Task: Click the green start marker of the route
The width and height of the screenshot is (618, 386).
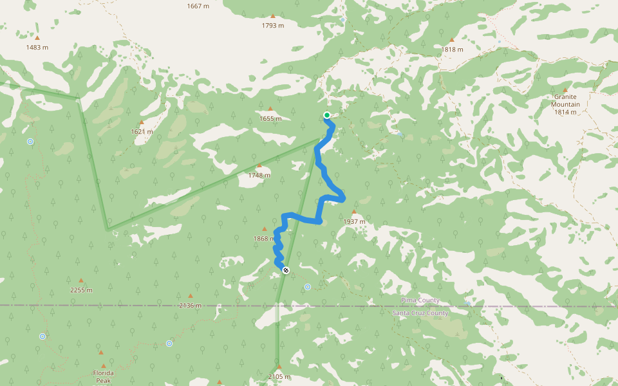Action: (327, 116)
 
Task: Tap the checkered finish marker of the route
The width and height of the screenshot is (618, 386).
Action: (286, 270)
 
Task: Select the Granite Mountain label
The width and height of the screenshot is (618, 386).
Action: (565, 100)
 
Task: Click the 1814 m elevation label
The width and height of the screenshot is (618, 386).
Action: (565, 112)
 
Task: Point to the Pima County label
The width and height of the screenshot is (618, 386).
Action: (420, 300)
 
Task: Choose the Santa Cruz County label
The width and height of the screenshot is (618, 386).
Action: (420, 313)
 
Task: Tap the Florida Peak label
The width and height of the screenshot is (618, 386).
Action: (104, 376)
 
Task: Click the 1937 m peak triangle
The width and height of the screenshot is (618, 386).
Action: (353, 212)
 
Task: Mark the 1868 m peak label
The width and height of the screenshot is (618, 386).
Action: (264, 239)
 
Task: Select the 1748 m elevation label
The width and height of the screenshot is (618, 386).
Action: (259, 175)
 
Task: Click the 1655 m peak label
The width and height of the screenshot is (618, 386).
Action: (270, 118)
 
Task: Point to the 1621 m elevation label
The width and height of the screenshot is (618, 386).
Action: (142, 132)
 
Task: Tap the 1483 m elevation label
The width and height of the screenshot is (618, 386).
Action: (37, 48)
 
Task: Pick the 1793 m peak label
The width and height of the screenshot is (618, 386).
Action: (272, 26)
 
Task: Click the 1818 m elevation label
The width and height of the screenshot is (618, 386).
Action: (453, 50)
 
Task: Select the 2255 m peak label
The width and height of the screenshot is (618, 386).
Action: (81, 290)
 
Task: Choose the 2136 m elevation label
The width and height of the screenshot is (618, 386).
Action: (190, 306)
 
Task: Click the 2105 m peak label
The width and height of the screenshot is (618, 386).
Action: (279, 377)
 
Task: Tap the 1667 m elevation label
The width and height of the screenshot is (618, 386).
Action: (198, 6)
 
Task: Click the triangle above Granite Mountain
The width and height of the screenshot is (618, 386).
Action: (565, 90)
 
